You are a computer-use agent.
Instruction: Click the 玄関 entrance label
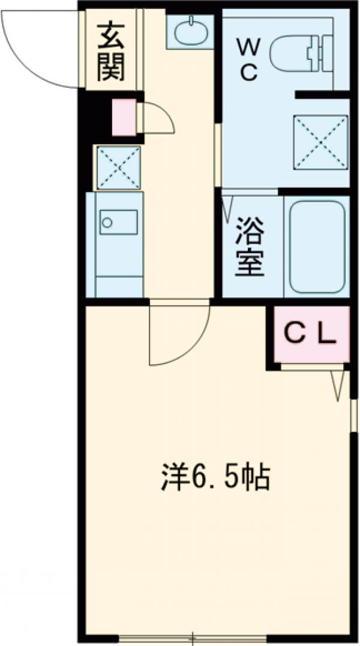(112, 51)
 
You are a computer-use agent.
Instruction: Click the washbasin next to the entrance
(190, 31)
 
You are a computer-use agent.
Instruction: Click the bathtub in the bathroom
(316, 246)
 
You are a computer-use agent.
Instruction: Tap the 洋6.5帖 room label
(215, 477)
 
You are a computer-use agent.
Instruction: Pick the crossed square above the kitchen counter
(119, 166)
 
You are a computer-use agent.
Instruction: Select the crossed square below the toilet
(320, 142)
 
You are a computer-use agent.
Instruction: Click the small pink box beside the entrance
(124, 117)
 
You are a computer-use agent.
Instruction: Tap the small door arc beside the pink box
(157, 118)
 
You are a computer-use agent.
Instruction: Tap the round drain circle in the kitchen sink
(107, 223)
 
